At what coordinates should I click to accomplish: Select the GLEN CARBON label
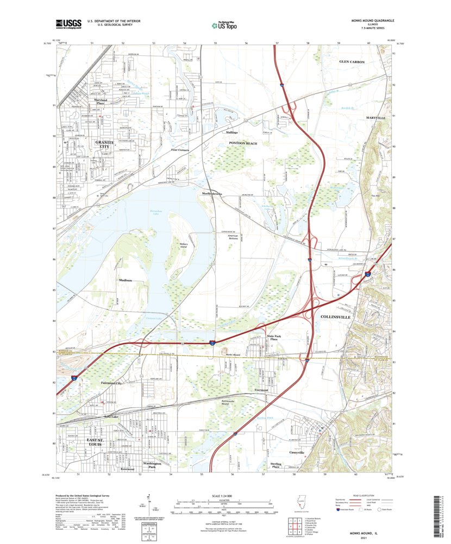click(x=352, y=62)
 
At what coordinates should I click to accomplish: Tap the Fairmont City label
click(x=111, y=383)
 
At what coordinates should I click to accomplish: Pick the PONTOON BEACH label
click(x=242, y=143)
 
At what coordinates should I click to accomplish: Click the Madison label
click(x=126, y=280)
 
